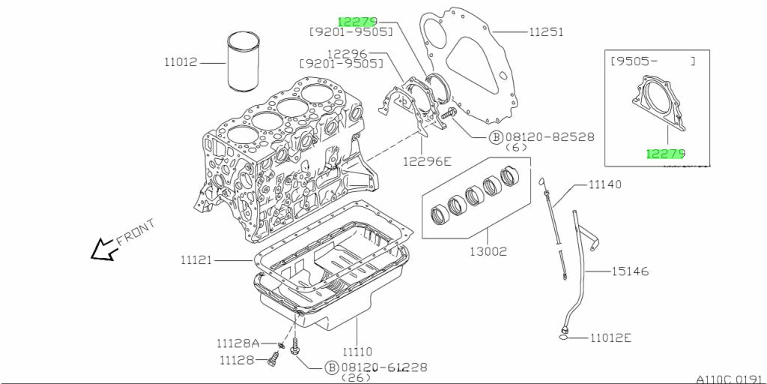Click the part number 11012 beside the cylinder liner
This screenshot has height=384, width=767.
click(181, 62)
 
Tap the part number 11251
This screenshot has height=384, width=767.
click(546, 32)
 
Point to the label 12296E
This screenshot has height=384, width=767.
click(428, 160)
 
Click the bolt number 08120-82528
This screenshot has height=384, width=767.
click(550, 136)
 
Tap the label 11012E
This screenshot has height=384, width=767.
click(610, 337)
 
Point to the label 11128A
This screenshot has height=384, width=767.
click(237, 343)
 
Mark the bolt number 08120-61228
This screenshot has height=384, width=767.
click(386, 367)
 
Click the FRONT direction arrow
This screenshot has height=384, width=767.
click(103, 250)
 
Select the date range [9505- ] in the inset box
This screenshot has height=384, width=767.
click(652, 61)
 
